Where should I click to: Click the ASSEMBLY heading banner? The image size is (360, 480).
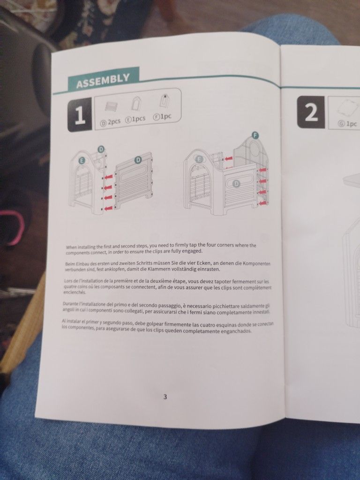[x=104, y=79]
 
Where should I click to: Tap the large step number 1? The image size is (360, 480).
[x=80, y=115]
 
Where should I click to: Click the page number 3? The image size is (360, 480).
[x=165, y=397]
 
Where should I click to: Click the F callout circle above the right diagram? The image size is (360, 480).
[x=255, y=135]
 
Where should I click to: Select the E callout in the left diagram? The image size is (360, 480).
[x=82, y=160]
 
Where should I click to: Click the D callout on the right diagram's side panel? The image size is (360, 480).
[x=236, y=183]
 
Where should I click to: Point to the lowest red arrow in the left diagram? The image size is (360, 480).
[x=108, y=209]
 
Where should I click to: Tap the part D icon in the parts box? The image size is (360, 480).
[x=111, y=106]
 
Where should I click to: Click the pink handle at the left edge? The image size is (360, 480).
[x=15, y=227]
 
